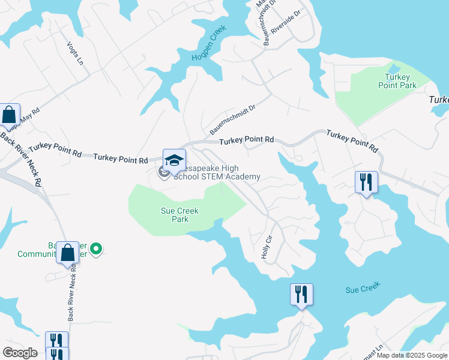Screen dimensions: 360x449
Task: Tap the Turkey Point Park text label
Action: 397,81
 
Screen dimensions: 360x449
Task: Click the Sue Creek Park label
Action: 179,215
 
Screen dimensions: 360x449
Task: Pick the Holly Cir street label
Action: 267,247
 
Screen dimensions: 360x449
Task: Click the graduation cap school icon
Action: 174,160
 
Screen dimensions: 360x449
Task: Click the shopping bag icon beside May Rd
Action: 9,114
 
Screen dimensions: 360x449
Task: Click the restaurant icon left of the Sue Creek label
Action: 301,294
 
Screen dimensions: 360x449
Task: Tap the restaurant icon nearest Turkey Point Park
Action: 366,182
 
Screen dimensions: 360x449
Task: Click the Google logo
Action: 20,353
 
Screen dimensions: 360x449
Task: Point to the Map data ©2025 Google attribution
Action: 411,355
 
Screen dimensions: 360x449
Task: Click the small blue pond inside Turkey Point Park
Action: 394,70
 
